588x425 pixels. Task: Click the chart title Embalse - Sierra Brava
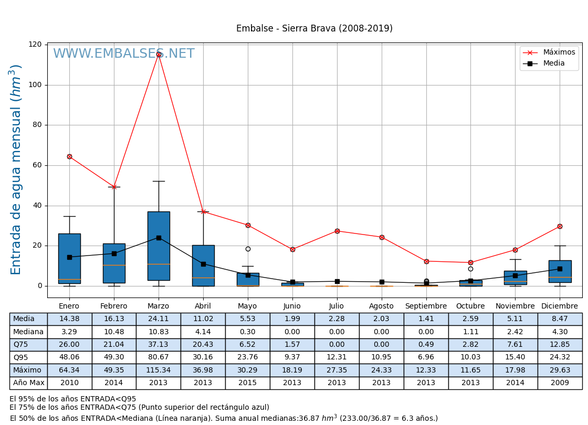pos(314,28)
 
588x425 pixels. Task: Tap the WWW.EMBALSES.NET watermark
pos(124,54)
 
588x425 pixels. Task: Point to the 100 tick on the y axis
pos(36,84)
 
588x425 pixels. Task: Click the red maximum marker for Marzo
pos(159,54)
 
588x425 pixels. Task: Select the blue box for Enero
pos(69,258)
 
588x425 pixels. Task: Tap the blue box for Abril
pos(203,265)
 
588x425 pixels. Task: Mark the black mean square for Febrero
pos(114,253)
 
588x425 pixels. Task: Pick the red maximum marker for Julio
pos(337,231)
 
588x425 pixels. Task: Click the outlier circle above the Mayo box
pos(248,249)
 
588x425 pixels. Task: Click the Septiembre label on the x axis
pos(426,306)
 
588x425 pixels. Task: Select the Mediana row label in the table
pos(28,332)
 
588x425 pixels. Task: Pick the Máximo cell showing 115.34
pos(159,370)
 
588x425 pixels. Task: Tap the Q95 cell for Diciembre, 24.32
pos(560,357)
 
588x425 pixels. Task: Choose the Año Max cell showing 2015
pos(248,383)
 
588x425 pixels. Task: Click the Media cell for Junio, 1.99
pos(292,319)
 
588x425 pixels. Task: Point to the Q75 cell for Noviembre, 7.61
pos(515,345)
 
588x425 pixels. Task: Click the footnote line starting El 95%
pos(72,399)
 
